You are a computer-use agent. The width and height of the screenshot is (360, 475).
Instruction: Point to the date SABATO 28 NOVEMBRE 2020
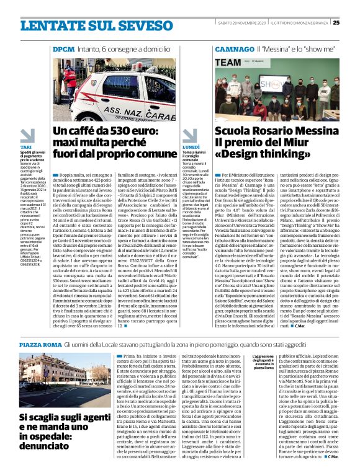[234, 6]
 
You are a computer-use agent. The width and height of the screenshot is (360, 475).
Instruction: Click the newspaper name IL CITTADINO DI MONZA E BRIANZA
[300, 6]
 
